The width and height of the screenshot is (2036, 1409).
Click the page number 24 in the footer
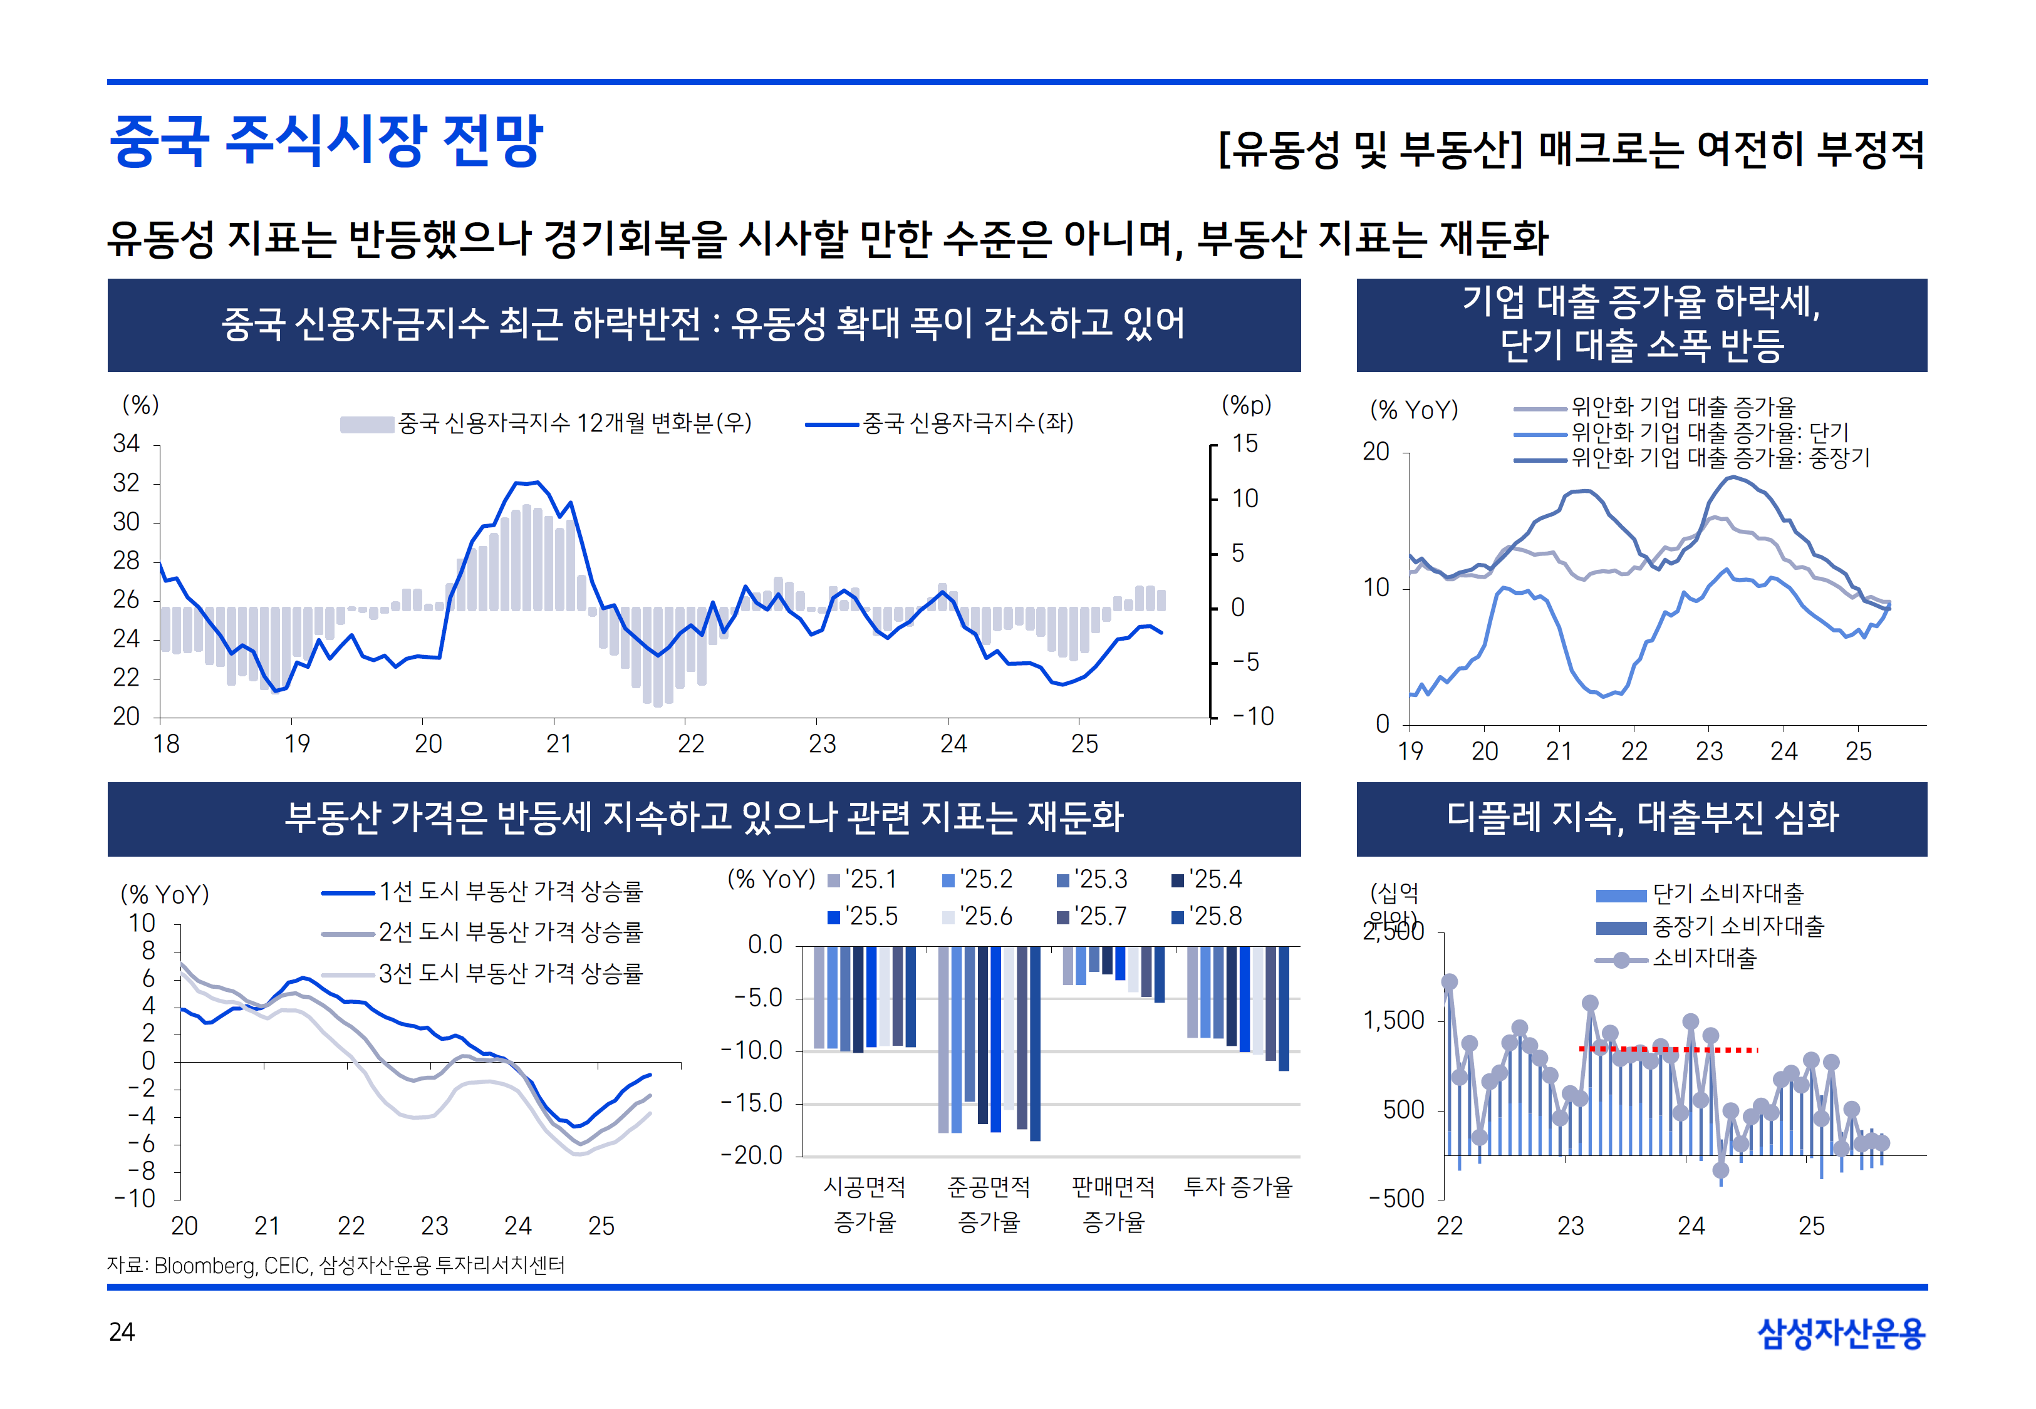click(x=122, y=1331)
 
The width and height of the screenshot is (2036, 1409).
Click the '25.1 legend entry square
click(x=833, y=880)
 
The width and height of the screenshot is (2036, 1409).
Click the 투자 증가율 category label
click(x=1238, y=1187)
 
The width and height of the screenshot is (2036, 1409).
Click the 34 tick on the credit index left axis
click(x=127, y=443)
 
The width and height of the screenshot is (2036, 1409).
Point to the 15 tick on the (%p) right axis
click(x=1245, y=443)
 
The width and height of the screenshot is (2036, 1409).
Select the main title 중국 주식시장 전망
click(x=326, y=142)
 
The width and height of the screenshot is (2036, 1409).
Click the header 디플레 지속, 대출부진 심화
click(x=1641, y=817)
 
